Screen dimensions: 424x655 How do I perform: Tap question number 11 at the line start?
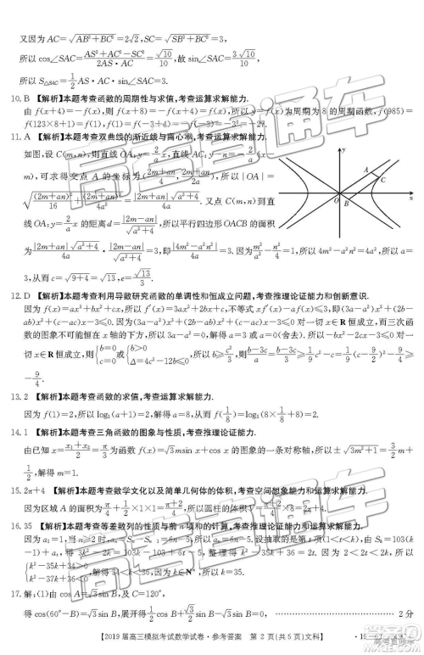point(12,137)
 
